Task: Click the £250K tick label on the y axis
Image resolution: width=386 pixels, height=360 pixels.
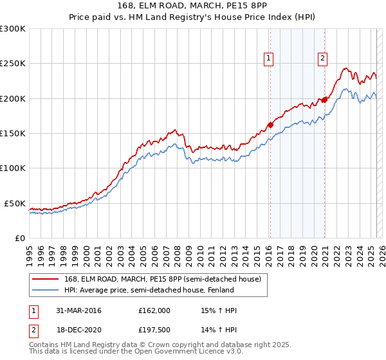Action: [x=13, y=64]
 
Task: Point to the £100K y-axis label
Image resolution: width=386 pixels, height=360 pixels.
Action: [x=13, y=168]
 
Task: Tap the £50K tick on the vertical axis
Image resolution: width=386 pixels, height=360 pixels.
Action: [x=15, y=203]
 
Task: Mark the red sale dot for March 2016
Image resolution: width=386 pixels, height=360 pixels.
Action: [x=270, y=125]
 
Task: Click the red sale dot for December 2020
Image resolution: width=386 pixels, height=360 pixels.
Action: [x=325, y=100]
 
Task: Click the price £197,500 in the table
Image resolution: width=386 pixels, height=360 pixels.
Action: [x=154, y=331]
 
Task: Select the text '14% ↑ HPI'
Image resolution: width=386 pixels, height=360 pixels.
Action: [x=219, y=331]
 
